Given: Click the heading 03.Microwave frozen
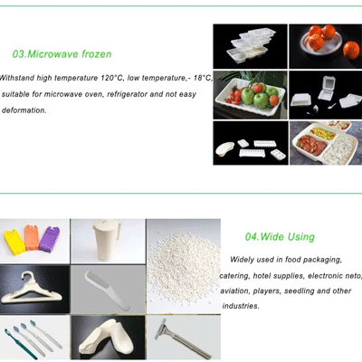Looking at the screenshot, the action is point(62,54).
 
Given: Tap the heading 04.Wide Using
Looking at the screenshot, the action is point(280,237).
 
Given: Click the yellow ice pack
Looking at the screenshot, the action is point(14,242).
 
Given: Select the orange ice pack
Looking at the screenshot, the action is point(32,237).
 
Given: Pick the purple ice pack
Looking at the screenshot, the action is point(49,240).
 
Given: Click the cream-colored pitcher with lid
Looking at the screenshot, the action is point(106,241).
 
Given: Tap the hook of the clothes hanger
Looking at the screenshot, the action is point(28,276).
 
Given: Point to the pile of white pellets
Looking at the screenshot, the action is point(184,269).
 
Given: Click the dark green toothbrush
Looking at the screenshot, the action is point(21,344).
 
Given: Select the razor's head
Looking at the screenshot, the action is point(163,329).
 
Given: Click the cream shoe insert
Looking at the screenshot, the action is point(108,338).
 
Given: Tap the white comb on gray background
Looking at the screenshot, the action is point(108,291).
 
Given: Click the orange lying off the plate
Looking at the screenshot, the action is point(351,51).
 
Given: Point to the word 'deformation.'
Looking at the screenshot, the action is point(24,110).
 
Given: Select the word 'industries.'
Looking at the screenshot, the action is point(241,306).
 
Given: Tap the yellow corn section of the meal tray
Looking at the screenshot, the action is point(322,133).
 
